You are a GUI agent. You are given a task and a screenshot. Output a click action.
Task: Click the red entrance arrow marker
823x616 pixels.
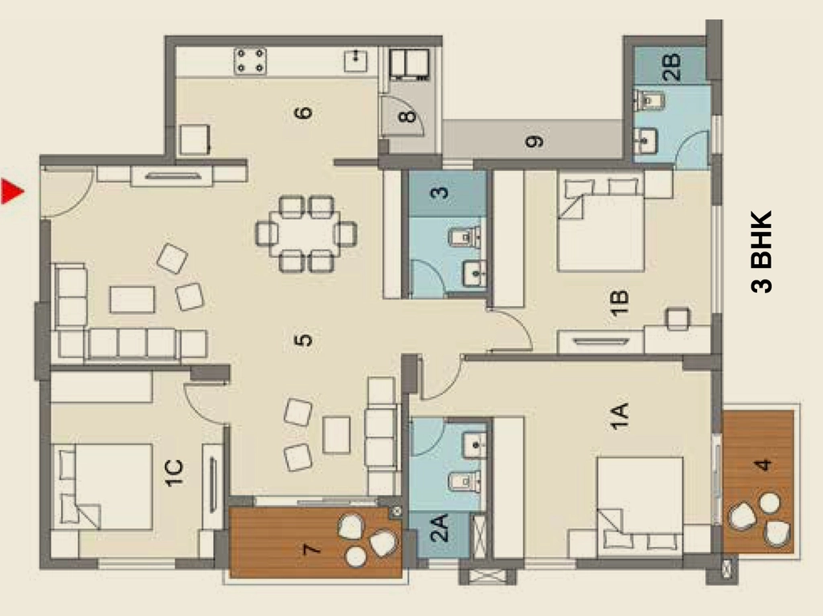click(11, 191)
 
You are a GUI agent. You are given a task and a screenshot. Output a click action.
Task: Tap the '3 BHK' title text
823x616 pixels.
click(762, 251)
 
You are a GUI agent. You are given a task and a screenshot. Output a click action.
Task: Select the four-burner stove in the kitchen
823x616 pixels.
click(250, 61)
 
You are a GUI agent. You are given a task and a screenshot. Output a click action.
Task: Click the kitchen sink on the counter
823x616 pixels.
click(356, 61)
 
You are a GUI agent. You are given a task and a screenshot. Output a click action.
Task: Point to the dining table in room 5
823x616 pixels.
click(306, 234)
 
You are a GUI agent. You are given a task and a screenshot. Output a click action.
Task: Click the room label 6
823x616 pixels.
click(303, 112)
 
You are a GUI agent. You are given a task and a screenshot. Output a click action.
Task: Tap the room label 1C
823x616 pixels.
click(174, 473)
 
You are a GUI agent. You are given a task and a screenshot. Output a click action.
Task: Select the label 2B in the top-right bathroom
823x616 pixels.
click(672, 67)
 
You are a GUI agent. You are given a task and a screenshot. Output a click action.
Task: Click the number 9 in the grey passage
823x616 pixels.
click(534, 141)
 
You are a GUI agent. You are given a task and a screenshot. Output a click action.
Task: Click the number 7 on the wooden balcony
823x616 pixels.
click(312, 549)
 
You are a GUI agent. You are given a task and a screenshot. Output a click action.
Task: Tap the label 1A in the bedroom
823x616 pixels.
click(620, 417)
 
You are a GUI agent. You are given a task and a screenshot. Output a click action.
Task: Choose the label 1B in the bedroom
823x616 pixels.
click(620, 303)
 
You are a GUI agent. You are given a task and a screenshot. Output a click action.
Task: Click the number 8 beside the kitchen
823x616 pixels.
click(407, 116)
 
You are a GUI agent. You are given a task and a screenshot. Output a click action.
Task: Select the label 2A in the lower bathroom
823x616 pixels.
click(439, 528)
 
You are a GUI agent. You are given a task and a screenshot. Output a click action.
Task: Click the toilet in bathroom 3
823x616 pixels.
click(465, 237)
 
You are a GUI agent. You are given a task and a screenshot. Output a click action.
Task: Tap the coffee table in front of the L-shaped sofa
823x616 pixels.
click(133, 300)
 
